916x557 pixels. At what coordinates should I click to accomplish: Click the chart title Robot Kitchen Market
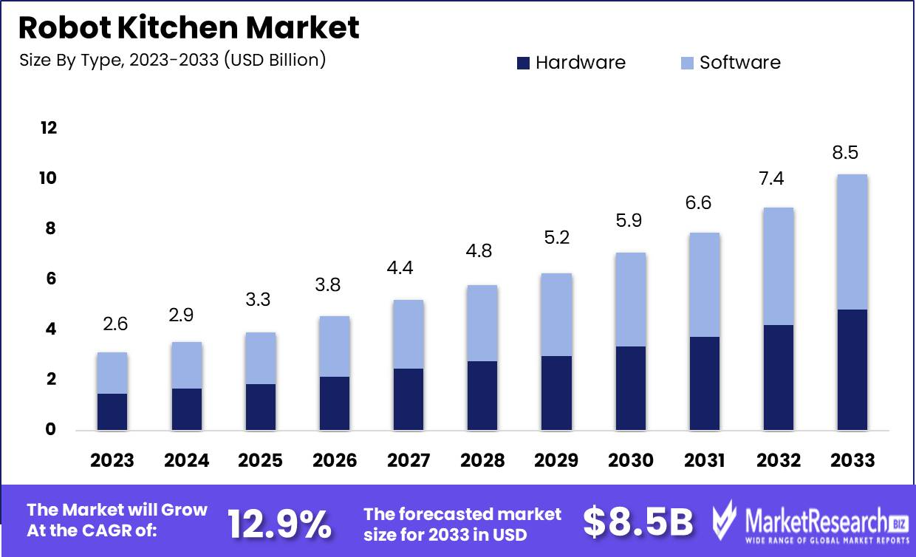pos(189,27)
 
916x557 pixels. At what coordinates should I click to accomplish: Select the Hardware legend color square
pos(523,63)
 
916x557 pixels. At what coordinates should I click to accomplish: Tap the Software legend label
pos(739,63)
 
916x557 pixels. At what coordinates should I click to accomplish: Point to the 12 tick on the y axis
pos(48,128)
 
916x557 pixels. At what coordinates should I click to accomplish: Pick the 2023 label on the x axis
pos(112,460)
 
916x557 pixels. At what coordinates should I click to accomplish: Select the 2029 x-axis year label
pos(556,460)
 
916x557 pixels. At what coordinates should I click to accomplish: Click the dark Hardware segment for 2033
pos(852,369)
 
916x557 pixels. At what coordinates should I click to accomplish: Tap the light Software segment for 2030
pos(630,299)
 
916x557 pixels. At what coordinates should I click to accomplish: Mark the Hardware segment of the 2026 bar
pos(334,403)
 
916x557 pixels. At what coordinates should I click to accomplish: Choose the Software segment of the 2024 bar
pos(186,365)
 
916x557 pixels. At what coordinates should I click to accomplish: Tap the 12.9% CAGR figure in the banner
pos(279,524)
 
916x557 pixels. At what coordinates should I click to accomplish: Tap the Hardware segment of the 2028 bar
pos(482,395)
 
